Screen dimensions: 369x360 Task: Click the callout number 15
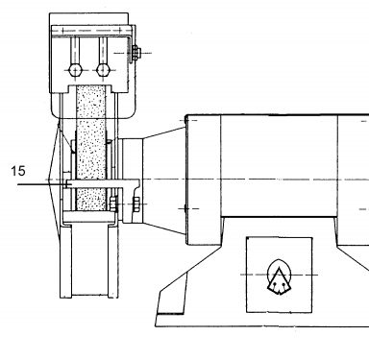[18, 171]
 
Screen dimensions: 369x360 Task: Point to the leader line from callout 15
[42, 184]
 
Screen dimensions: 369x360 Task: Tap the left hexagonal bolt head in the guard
[75, 70]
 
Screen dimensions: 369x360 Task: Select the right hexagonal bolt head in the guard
[103, 70]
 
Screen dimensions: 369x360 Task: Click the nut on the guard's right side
[135, 53]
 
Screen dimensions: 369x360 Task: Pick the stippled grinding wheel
[91, 148]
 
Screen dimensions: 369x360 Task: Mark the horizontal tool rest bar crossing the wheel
[103, 183]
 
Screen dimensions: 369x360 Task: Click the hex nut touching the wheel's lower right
[113, 204]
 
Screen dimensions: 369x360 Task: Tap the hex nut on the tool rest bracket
[135, 204]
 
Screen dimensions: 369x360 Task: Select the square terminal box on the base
[279, 275]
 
